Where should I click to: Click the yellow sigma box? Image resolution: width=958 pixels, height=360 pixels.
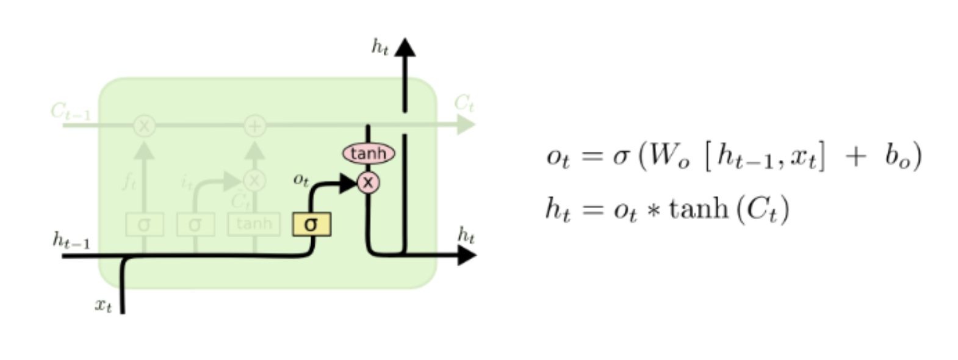point(312,224)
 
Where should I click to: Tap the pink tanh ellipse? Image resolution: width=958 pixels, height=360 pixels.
point(369,153)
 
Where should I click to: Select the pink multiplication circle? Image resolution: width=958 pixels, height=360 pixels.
point(368,182)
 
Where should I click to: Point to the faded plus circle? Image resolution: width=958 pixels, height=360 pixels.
point(255,126)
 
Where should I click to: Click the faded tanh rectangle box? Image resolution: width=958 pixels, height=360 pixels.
point(254,224)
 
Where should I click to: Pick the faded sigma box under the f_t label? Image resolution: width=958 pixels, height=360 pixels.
point(144,224)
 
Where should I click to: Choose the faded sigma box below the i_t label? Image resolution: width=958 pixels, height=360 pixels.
point(195,224)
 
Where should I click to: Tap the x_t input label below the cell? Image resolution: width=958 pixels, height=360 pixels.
point(103,305)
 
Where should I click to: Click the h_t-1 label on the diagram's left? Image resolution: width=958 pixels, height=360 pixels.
point(71,241)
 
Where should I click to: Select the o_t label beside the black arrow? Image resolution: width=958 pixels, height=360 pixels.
point(301,179)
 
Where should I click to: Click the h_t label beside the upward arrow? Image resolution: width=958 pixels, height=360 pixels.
point(380,47)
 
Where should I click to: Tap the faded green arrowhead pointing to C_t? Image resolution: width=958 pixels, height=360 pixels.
point(466,125)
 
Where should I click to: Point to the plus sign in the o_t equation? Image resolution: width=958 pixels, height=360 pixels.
point(855,156)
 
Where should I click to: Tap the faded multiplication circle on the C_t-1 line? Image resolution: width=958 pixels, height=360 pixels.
point(145,126)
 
